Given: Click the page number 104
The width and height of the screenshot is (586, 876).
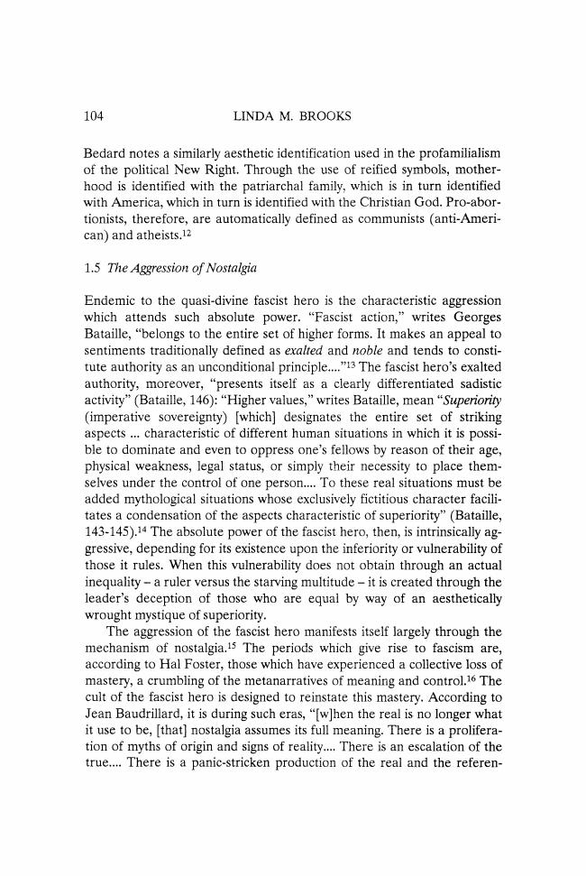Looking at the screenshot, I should point(95,115).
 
